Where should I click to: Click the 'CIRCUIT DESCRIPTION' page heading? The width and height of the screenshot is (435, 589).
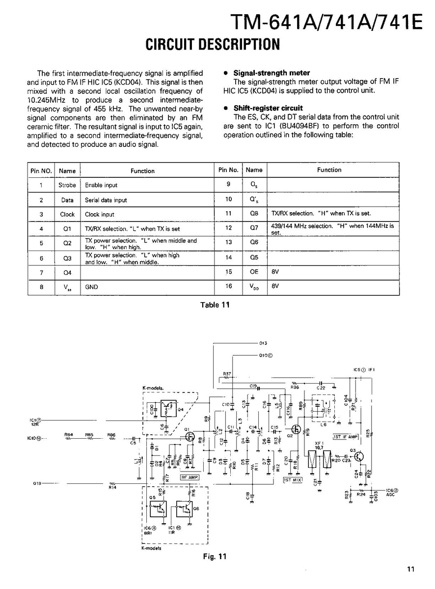pyautogui.click(x=213, y=45)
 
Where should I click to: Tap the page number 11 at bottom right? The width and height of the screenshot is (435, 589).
pyautogui.click(x=410, y=569)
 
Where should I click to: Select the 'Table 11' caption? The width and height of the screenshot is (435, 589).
pyautogui.click(x=215, y=305)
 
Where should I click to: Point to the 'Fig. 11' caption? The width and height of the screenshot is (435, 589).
pyautogui.click(x=215, y=557)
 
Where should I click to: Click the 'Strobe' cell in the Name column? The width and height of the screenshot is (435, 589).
pyautogui.click(x=67, y=185)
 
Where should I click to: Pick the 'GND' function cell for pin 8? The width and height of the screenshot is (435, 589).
pyautogui.click(x=91, y=287)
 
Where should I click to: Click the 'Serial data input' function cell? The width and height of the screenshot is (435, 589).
pyautogui.click(x=106, y=200)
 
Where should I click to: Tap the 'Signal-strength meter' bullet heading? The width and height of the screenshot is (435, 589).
pyautogui.click(x=272, y=73)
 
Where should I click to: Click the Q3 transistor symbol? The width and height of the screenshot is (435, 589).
pyautogui.click(x=360, y=456)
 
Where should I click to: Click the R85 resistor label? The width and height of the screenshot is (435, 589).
pyautogui.click(x=89, y=434)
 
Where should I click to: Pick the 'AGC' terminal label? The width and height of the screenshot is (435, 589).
pyautogui.click(x=390, y=495)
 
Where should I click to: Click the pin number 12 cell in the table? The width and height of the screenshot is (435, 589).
pyautogui.click(x=228, y=228)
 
